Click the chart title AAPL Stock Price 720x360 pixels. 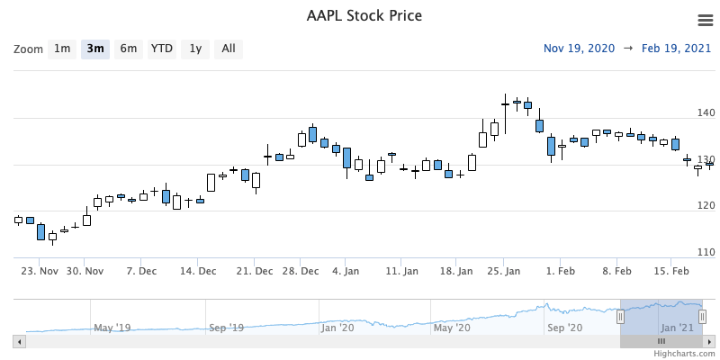click(x=364, y=16)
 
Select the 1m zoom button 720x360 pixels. click(x=62, y=49)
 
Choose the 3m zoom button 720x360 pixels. click(x=95, y=49)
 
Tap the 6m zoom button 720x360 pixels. click(x=129, y=49)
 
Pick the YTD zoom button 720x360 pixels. click(x=162, y=49)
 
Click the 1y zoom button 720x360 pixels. click(x=195, y=49)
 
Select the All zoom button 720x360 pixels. click(x=229, y=49)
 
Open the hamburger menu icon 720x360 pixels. click(x=706, y=20)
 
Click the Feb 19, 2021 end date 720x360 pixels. click(x=678, y=49)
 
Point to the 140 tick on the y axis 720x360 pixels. click(x=706, y=112)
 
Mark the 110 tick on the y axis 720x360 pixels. click(x=706, y=253)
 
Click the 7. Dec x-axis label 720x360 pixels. click(x=141, y=271)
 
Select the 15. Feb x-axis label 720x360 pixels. click(x=671, y=271)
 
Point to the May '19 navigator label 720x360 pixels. click(x=112, y=328)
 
